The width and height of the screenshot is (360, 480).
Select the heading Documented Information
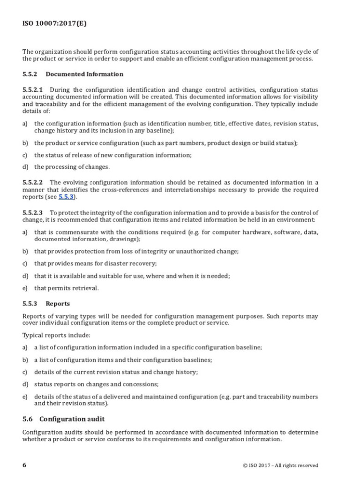pos(84,74)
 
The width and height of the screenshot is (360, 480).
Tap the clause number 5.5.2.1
pos(33,90)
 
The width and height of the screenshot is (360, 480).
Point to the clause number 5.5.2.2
pos(33,182)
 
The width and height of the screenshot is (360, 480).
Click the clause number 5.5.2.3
pos(33,212)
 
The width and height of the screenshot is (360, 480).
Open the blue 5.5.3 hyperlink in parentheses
pos(66,197)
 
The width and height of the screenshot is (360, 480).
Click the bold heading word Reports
pos(58,303)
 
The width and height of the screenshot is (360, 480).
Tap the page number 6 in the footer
pos(24,465)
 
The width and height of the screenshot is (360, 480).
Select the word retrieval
pos(84,288)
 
